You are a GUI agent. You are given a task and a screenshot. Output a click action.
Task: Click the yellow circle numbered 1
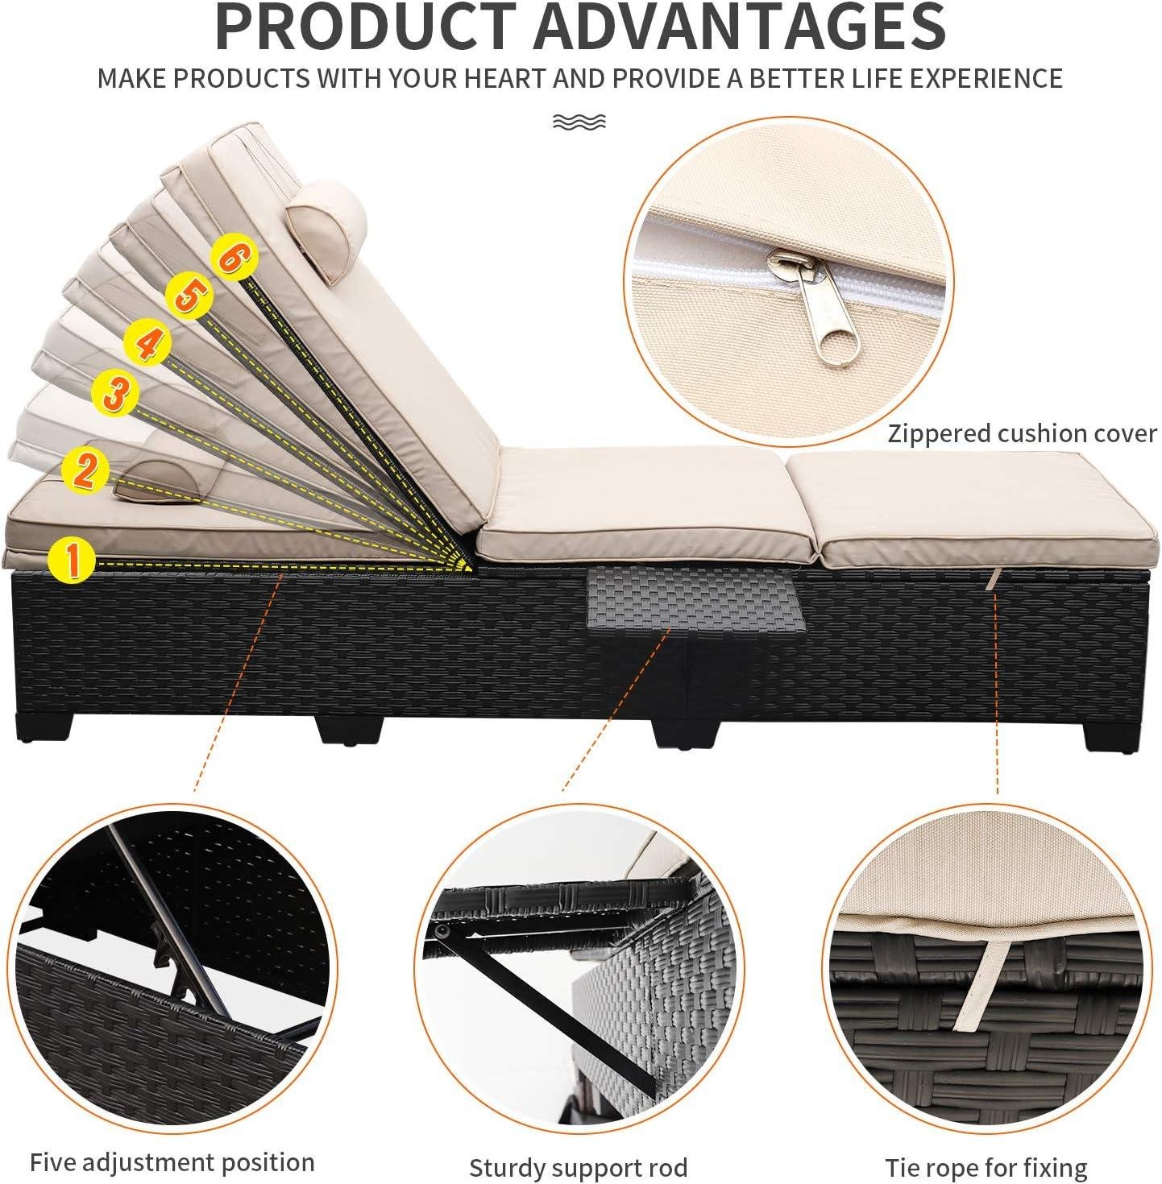[x=73, y=559]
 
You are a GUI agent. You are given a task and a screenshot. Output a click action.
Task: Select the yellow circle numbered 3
[x=115, y=391]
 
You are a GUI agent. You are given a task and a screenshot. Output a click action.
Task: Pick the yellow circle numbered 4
[x=147, y=342]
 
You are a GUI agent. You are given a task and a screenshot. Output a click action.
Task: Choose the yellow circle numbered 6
[x=234, y=258]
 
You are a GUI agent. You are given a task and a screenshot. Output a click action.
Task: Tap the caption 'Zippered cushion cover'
[x=1022, y=434]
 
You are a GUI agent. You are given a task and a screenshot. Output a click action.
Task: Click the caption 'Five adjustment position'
[x=172, y=1146]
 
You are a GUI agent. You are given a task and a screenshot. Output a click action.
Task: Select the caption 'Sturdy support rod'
[x=578, y=1150]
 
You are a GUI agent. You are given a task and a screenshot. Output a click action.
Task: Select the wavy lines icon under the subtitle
[x=579, y=122]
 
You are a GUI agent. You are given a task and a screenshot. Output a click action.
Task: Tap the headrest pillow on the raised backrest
[x=325, y=230]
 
